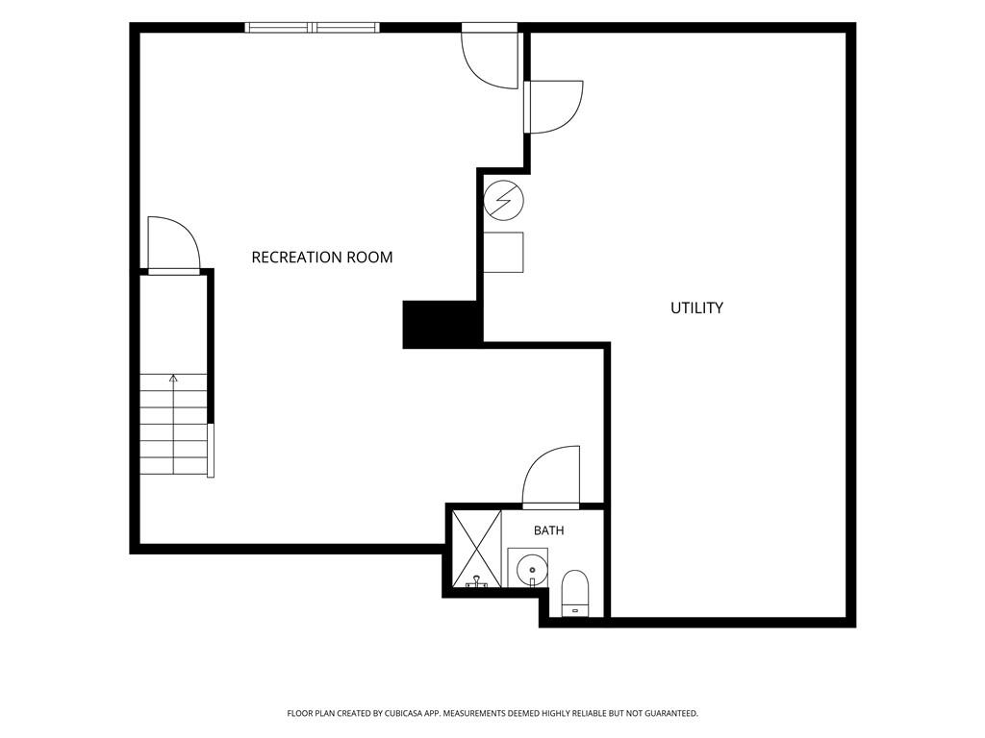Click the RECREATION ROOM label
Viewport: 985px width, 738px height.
tap(321, 257)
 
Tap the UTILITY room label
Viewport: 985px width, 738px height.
tap(696, 307)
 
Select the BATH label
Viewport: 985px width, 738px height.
tap(548, 530)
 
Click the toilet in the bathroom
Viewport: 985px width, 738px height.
tap(574, 593)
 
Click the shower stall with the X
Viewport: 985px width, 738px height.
tap(477, 549)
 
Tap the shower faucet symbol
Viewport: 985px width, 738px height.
tap(477, 582)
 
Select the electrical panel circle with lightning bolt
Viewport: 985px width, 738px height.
tap(504, 201)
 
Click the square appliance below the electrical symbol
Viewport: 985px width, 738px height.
tap(503, 253)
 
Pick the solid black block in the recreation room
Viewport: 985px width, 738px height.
tap(442, 324)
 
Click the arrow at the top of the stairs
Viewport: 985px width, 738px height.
tap(173, 379)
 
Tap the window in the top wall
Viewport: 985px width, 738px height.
tap(313, 27)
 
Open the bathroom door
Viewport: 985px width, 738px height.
tap(551, 477)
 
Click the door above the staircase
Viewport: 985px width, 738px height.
tap(173, 245)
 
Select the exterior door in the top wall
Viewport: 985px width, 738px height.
tap(490, 57)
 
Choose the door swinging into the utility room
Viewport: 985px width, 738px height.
tap(554, 107)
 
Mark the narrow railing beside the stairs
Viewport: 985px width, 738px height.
tap(211, 450)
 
